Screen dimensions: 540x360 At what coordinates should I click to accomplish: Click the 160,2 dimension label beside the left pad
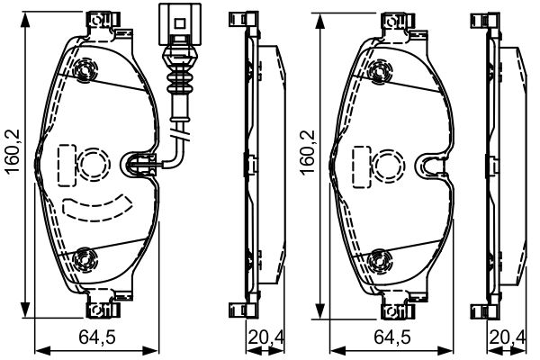tap(13, 152)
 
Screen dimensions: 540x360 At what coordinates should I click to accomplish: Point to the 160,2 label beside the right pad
tap(308, 153)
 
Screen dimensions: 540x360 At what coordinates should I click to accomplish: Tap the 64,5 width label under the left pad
tap(97, 337)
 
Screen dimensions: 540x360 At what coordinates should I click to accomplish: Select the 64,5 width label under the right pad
tap(392, 337)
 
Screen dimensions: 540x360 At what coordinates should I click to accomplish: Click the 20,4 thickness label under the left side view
tap(265, 337)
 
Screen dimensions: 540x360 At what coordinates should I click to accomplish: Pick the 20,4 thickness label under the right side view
tap(508, 337)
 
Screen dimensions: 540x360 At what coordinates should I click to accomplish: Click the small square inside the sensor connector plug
tap(180, 23)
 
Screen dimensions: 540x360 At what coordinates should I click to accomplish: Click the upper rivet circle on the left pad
tap(84, 70)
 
